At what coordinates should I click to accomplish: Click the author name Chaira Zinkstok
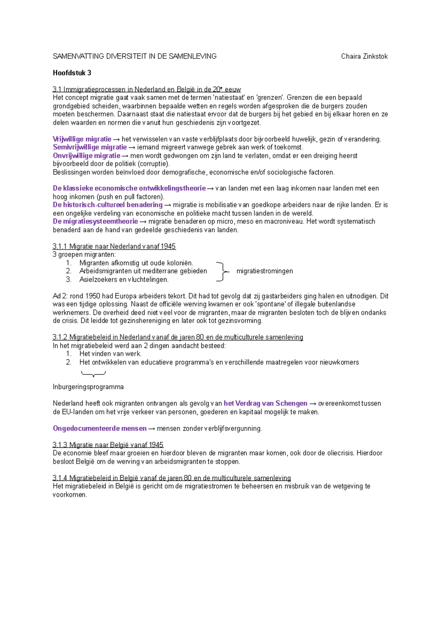coord(364,56)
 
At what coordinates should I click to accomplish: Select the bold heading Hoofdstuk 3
coord(72,73)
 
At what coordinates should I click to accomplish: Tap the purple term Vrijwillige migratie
coord(82,139)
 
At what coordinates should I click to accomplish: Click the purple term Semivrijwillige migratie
coord(90,147)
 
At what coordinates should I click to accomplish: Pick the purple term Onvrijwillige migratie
coord(86,155)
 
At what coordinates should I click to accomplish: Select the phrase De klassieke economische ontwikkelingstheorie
coord(129,188)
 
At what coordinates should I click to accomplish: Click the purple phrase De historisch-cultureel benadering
coord(108,205)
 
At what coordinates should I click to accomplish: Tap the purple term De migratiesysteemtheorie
coord(95,221)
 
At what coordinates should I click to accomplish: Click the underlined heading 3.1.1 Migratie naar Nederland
coord(114,246)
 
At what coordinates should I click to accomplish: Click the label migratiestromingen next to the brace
coord(265,271)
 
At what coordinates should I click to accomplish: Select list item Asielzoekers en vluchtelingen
coord(124,279)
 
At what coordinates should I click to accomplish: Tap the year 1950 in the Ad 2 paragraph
coord(92,296)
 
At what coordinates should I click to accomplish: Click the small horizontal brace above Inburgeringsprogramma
coord(93,374)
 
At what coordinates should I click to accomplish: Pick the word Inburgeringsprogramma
coord(88,387)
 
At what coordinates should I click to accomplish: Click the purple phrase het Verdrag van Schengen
coord(265,403)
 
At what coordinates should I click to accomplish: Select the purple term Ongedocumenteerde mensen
coord(100,428)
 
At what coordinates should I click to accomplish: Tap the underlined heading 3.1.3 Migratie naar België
coord(108,445)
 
